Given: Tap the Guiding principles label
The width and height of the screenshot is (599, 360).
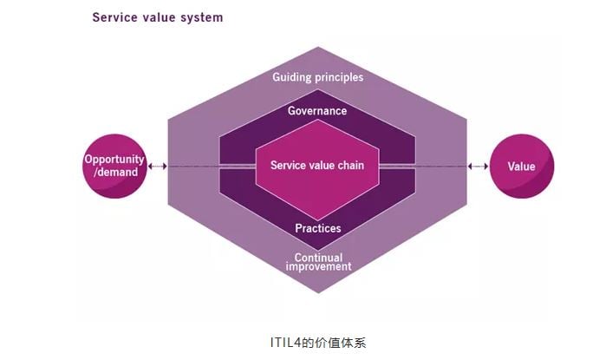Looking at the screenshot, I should pos(317,77).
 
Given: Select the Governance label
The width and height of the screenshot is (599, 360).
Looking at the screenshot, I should pos(317,111).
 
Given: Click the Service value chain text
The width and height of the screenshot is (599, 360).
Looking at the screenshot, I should pos(317,165).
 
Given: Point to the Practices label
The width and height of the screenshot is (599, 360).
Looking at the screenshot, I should pos(317,229).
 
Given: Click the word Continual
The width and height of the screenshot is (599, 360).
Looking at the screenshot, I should pos(318,257).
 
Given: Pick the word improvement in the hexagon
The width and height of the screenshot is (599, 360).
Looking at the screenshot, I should pos(318,267).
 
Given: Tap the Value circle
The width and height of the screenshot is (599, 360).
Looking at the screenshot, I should pos(521,166).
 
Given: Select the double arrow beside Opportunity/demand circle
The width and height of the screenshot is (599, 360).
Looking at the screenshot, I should pos(157,166).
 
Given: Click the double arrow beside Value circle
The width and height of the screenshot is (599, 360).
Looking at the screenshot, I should pos(477,166).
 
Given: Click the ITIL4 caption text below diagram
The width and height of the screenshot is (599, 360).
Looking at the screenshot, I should pos(318,341).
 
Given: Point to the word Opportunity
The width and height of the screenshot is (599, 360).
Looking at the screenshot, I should pos(113,160).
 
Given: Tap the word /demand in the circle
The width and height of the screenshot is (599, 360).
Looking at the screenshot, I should pos(113,172).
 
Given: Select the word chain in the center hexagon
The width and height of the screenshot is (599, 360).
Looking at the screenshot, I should pos(351,165).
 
